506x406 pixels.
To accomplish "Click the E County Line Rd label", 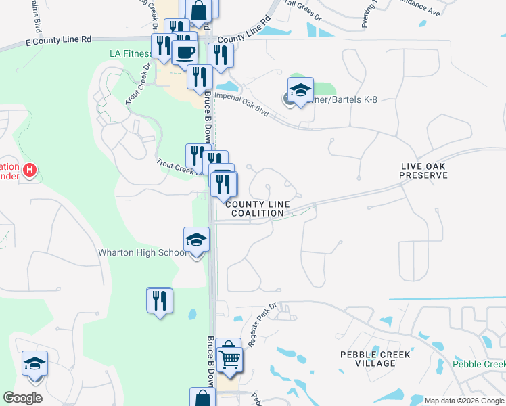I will pos(57,40).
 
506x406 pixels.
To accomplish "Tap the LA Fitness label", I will pos(132,54).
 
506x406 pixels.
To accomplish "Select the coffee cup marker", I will pos(184,51).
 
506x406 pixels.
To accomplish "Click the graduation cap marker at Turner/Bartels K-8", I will pos(300,89).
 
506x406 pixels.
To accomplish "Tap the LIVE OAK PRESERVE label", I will pos(423,171).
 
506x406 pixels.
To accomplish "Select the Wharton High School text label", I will pos(142,253).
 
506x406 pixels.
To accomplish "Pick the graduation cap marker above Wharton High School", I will pos(196,240).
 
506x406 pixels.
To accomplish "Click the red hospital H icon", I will pos(29,170).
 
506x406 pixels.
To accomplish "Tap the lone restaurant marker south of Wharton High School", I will pos(160,300).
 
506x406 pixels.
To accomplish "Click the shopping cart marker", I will pos(230,359).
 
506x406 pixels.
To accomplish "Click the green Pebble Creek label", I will pos(478,364).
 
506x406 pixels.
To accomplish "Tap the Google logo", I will pos(22,398).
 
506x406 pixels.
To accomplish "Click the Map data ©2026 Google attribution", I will pos(463,401).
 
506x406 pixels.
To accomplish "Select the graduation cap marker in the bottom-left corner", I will pos(34,363).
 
